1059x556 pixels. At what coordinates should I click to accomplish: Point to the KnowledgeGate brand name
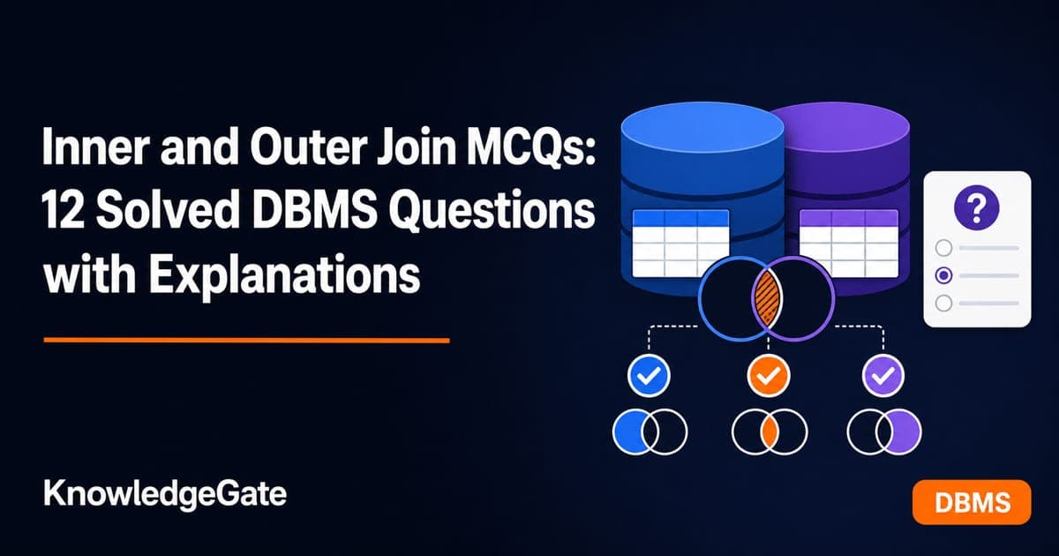165,494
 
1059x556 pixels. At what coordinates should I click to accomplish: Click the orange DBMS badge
972,502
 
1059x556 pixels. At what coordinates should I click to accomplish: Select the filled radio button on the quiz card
943,275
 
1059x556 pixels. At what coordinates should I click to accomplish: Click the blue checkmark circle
649,375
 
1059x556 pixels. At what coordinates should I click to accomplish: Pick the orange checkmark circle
769,375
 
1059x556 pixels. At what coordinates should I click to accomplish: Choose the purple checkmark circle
883,375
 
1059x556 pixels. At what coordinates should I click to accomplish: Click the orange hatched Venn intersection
766,298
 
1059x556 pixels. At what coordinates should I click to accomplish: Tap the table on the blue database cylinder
680,243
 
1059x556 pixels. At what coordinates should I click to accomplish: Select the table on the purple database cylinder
849,243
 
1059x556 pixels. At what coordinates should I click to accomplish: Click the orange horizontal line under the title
246,340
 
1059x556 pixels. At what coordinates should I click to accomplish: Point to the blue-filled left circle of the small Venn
628,432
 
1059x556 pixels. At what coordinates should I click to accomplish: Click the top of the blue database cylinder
702,129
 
